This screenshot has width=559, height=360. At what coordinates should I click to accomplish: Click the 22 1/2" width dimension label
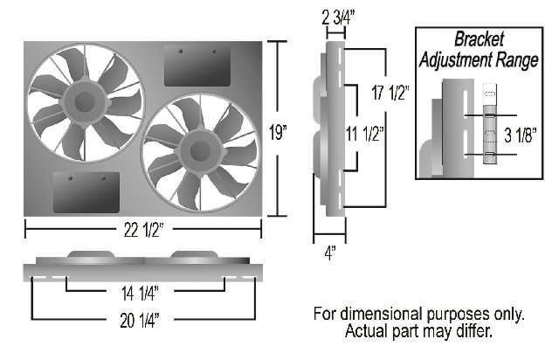[x=143, y=230]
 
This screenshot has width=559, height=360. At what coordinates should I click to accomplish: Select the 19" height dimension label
[x=278, y=133]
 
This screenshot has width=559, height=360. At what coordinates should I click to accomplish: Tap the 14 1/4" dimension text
[x=140, y=294]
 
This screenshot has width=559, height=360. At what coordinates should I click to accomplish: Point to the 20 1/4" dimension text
[x=140, y=321]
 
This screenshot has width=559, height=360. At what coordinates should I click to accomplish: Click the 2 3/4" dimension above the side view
[x=338, y=17]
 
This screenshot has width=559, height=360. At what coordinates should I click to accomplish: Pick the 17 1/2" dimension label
[x=390, y=93]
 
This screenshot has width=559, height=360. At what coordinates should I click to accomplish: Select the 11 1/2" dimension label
[x=365, y=134]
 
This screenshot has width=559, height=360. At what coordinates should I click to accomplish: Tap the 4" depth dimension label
[x=330, y=253]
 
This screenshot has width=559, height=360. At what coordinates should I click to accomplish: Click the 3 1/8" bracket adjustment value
[x=521, y=135]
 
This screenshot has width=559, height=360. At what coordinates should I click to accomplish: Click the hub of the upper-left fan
[x=85, y=102]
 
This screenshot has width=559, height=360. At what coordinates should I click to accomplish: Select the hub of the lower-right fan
[x=200, y=152]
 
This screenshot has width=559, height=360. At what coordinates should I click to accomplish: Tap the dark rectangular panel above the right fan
[x=197, y=66]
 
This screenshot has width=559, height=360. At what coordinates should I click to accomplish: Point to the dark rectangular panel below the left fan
[x=86, y=192]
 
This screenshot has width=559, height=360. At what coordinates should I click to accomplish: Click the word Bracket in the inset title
[x=479, y=39]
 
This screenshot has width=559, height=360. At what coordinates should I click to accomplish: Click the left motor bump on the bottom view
[x=91, y=253]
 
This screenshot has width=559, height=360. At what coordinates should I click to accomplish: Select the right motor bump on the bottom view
[x=194, y=253]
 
